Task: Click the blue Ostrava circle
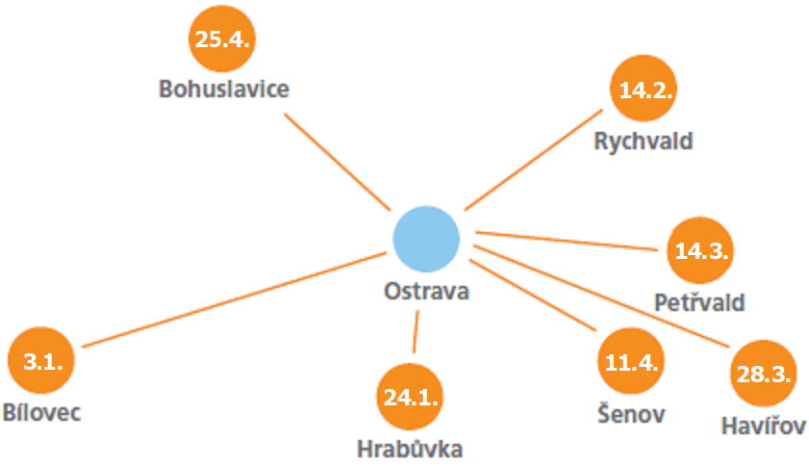425,239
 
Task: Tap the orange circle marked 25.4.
224,39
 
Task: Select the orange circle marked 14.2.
645,91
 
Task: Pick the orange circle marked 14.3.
701,250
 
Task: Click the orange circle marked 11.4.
631,362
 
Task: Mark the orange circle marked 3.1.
41,362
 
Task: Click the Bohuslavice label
224,90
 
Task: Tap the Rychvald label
645,142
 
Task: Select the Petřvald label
699,302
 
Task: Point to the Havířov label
763,425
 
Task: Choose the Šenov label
630,414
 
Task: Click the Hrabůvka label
411,449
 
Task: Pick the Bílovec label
41,413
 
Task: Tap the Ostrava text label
425,291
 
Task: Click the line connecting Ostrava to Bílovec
231,298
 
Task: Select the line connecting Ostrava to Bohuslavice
337,162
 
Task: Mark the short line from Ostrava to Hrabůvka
416,332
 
